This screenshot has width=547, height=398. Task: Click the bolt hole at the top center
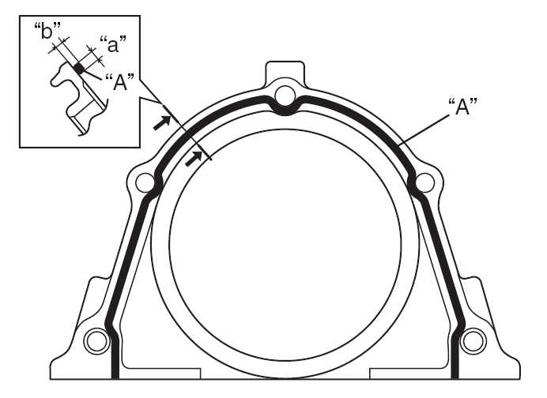[285, 96]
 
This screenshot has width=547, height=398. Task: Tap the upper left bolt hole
[145, 182]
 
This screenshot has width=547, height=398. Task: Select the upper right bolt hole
[424, 182]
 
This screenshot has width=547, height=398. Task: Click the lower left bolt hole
[97, 341]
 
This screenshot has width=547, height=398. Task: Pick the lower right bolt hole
[473, 341]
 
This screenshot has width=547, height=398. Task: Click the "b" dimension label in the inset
[47, 31]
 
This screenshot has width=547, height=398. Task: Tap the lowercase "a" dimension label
[113, 44]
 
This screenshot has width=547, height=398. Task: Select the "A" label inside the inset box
[119, 82]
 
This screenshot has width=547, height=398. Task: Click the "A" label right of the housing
[462, 107]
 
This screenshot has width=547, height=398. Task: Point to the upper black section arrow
[162, 122]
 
